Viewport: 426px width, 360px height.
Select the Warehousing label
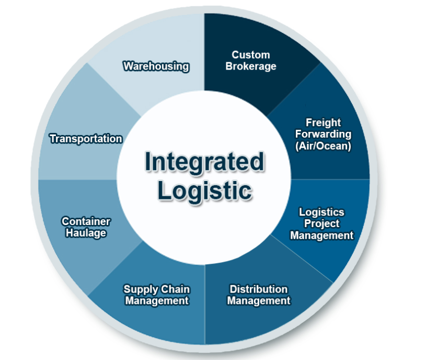(x=156, y=66)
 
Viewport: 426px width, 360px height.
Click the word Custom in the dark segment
(x=251, y=55)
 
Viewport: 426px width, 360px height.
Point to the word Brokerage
(x=251, y=66)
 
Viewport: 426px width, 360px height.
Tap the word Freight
(x=323, y=123)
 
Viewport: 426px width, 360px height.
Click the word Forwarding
(x=323, y=134)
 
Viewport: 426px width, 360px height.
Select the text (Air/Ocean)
(x=323, y=146)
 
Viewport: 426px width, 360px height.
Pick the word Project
(x=321, y=223)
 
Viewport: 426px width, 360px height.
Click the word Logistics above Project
(x=321, y=212)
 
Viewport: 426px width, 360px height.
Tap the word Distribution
(x=258, y=289)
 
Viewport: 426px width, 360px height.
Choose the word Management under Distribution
(x=258, y=301)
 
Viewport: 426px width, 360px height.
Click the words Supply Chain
(x=156, y=289)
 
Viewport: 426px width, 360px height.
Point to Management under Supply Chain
(x=156, y=301)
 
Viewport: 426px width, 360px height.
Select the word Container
(x=86, y=221)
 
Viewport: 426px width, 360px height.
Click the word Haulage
(x=86, y=233)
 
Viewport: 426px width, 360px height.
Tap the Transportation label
(x=86, y=139)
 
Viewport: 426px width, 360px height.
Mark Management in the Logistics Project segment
(x=321, y=235)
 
